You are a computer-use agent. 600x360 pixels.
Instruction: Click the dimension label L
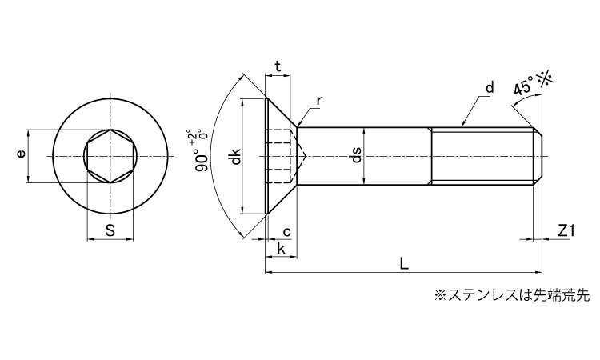[x=404, y=264]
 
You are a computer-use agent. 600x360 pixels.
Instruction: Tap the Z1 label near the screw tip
[x=566, y=231]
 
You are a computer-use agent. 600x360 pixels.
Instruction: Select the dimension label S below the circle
[x=110, y=230]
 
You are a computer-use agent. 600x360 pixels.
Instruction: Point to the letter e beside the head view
[x=21, y=154]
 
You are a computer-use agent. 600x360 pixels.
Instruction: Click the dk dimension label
[x=236, y=156]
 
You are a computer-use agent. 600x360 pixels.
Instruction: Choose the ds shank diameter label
[x=356, y=155]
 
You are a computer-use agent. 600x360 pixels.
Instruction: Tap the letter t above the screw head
[x=278, y=66]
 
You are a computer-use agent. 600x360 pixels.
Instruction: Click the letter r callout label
[x=320, y=101]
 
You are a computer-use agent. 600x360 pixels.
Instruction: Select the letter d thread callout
[x=490, y=87]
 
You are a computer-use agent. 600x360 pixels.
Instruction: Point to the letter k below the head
[x=282, y=249]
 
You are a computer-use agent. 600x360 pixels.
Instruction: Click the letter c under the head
[x=286, y=232]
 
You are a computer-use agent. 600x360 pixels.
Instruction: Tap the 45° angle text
[x=524, y=86]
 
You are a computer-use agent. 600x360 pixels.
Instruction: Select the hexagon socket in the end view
[x=110, y=156]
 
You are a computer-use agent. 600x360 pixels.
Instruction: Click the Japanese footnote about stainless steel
[x=512, y=295]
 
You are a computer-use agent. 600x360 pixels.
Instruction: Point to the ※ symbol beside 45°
[x=545, y=80]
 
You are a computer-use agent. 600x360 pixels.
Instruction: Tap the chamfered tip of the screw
[x=538, y=156]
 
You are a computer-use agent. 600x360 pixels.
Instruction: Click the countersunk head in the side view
[x=282, y=156]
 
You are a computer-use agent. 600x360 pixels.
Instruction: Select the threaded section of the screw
[x=482, y=156]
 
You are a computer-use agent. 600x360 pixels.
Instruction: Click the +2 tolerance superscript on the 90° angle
[x=191, y=135]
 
